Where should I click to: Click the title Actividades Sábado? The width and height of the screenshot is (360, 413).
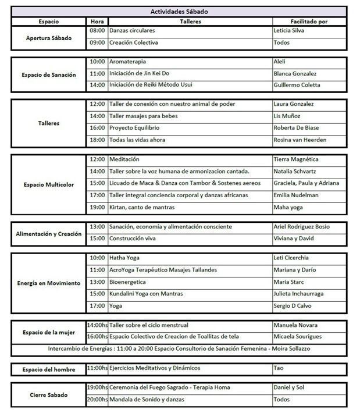179,12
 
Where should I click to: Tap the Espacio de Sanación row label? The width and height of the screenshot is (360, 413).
49,74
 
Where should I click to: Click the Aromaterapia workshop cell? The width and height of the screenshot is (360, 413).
128,61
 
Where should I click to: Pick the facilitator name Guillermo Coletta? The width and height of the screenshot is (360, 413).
297,85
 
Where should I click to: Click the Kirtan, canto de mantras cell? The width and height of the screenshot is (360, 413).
142,207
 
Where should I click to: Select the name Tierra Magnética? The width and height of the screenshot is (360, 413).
296,159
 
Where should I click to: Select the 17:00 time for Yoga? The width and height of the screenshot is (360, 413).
97,305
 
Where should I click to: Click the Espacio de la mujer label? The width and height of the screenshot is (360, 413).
49,331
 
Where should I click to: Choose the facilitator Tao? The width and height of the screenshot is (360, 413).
279,368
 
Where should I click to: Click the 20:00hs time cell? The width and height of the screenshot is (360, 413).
97,400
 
